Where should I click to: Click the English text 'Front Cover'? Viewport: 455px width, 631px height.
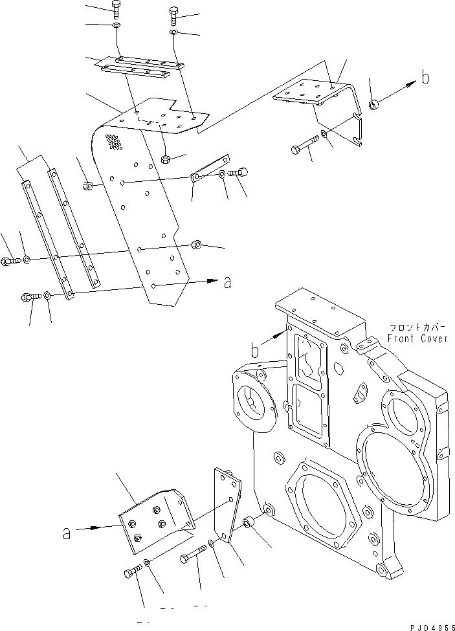(417, 338)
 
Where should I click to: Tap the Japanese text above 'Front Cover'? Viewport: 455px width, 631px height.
(417, 327)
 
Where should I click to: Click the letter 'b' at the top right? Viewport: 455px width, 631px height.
(425, 78)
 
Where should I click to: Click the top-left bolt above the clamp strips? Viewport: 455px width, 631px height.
(117, 8)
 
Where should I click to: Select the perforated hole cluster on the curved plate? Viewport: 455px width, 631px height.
(115, 142)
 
